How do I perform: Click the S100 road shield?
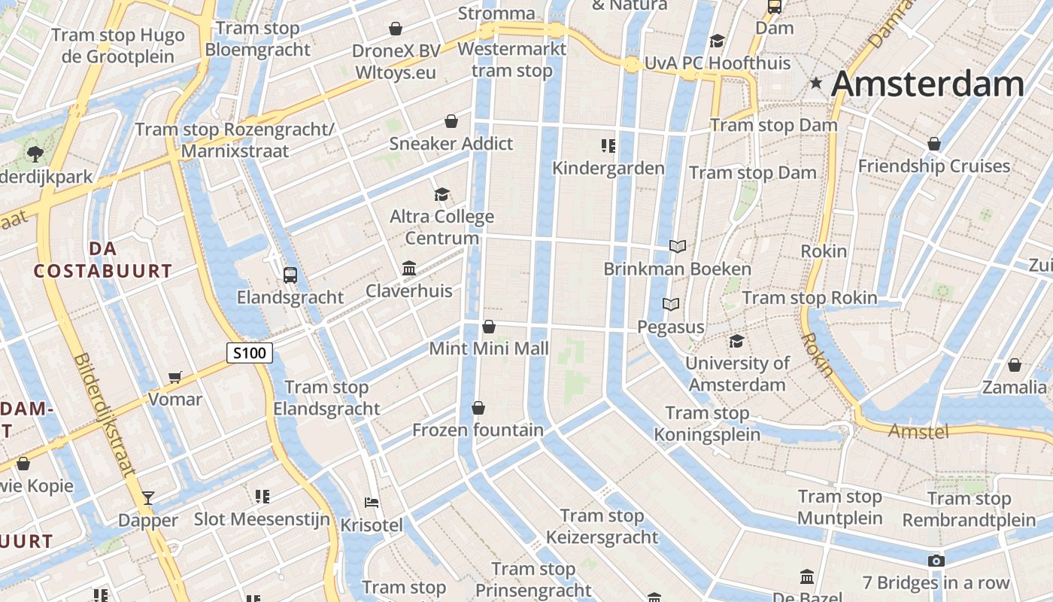click(x=250, y=352)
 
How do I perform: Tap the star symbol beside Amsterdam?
click(x=816, y=84)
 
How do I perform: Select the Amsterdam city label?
click(x=927, y=84)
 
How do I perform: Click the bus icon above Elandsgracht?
click(x=290, y=275)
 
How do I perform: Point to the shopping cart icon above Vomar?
click(x=175, y=377)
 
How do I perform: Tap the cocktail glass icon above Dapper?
click(x=148, y=497)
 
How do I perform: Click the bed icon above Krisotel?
click(x=371, y=502)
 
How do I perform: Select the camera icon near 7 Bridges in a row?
click(x=936, y=561)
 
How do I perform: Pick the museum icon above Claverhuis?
click(x=409, y=269)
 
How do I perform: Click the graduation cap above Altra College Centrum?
click(x=442, y=194)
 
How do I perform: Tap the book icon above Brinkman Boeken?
click(x=678, y=246)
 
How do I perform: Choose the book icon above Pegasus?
click(x=671, y=304)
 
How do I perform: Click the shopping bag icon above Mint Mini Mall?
click(x=489, y=327)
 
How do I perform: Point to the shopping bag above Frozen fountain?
click(x=478, y=408)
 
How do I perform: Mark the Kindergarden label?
click(x=608, y=168)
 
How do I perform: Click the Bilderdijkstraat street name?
click(x=105, y=414)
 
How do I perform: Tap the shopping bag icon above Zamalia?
click(x=1015, y=365)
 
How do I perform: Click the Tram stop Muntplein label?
click(x=840, y=507)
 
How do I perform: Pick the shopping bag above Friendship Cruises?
click(x=934, y=143)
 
